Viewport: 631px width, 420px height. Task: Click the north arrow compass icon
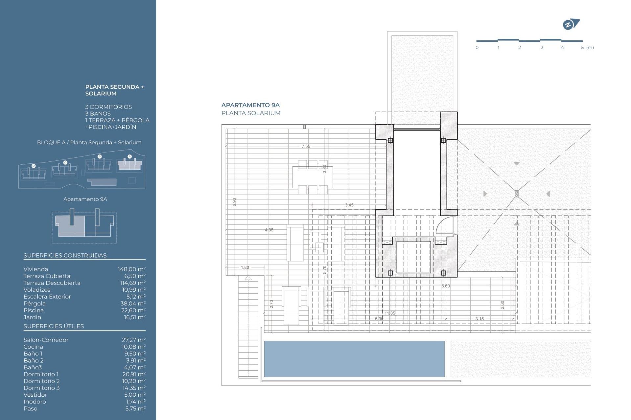tap(571, 25)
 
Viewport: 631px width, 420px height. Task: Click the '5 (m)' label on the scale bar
tap(587, 48)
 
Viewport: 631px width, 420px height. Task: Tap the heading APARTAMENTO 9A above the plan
tap(250, 105)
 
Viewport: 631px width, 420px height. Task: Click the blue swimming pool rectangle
tap(354, 359)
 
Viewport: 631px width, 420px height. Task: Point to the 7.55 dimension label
tap(306, 146)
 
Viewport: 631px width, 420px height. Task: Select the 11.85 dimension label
tap(390, 313)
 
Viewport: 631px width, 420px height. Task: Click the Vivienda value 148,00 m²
tap(131, 269)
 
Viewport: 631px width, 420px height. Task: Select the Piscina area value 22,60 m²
tap(133, 310)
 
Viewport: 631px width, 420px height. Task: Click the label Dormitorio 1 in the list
tap(41, 374)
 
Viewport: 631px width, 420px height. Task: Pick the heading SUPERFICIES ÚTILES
tap(54, 326)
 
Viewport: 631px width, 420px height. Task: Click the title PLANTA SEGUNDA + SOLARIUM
tap(114, 90)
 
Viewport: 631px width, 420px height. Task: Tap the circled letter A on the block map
tap(129, 157)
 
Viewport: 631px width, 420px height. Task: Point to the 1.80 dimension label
tap(245, 267)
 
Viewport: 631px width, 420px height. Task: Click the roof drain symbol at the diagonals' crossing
tap(516, 194)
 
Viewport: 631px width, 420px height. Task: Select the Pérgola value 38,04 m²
tap(133, 303)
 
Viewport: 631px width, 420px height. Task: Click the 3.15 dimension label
tap(479, 319)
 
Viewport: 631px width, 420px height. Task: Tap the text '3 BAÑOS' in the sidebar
tap(98, 114)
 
